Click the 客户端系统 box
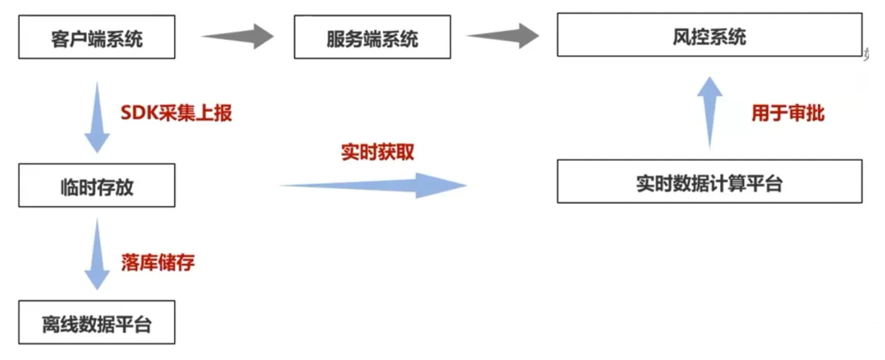click(96, 38)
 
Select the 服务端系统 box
click(372, 38)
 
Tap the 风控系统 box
click(709, 36)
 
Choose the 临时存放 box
click(96, 185)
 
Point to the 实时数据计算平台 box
click(709, 181)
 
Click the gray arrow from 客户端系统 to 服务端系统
click(238, 37)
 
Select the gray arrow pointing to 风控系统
click(502, 37)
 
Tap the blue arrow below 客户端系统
click(96, 117)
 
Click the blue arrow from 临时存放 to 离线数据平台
click(96, 254)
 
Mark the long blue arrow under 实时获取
click(374, 185)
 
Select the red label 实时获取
click(377, 153)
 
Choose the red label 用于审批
click(787, 113)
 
